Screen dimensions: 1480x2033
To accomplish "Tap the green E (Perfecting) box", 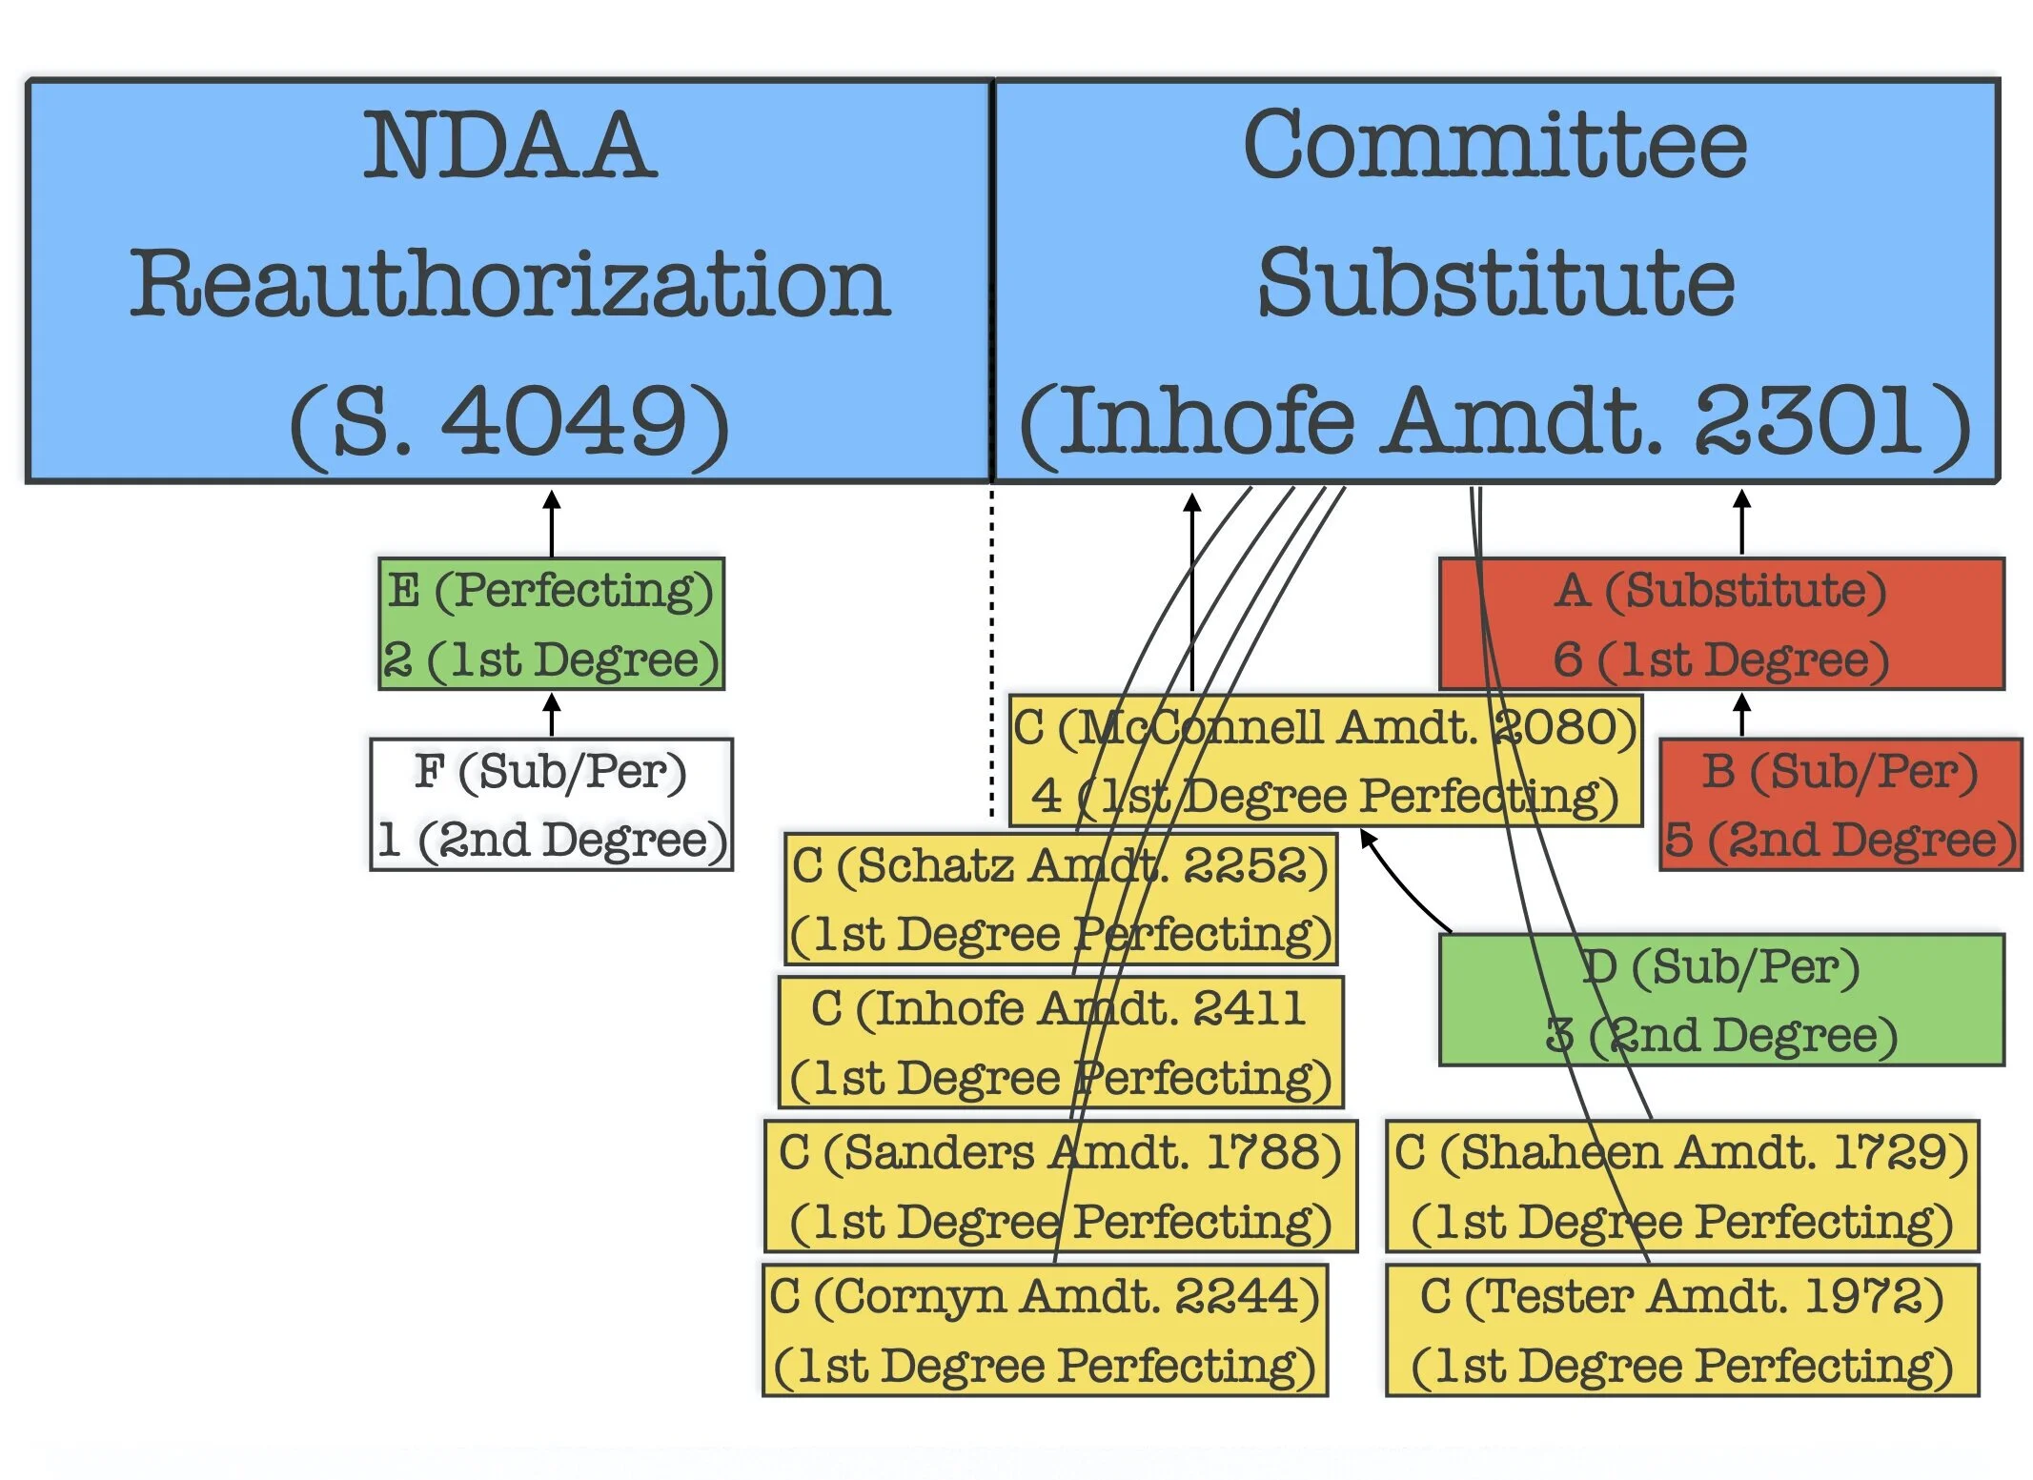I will tap(551, 624).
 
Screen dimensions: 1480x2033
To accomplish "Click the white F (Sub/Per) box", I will tap(551, 805).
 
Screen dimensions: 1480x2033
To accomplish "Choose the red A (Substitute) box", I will tap(1720, 624).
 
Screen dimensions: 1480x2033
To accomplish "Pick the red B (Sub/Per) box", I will tap(1840, 805).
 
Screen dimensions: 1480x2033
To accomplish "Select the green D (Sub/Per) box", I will tap(1720, 1000).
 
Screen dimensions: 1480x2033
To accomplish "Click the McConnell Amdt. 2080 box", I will tap(1325, 760).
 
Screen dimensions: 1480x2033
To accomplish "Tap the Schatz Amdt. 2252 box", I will tap(1060, 900).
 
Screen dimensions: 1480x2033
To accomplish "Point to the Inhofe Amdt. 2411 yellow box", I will tap(1060, 1043).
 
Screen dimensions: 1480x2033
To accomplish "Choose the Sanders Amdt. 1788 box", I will tap(1060, 1186).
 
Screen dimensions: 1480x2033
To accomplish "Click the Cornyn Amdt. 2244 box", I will tap(1045, 1330).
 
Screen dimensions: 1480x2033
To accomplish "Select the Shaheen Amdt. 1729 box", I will tap(1682, 1186).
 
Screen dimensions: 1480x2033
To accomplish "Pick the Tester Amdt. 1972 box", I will tap(1682, 1330).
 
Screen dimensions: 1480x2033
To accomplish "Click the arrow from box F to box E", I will tap(551, 716).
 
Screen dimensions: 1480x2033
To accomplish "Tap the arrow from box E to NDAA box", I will tap(551, 524).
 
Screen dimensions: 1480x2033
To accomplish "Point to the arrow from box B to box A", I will tap(1741, 716).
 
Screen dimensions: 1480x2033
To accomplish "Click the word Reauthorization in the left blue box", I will tap(510, 283).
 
